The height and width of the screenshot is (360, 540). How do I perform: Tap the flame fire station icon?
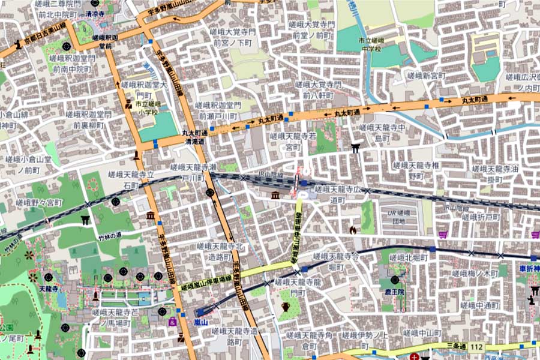352,230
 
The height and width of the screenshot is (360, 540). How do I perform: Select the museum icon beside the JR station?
275,196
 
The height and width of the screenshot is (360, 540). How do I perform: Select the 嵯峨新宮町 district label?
427,76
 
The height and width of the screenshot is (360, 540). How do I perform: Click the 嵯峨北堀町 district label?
408,257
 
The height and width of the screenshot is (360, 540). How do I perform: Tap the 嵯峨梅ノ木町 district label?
479,273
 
